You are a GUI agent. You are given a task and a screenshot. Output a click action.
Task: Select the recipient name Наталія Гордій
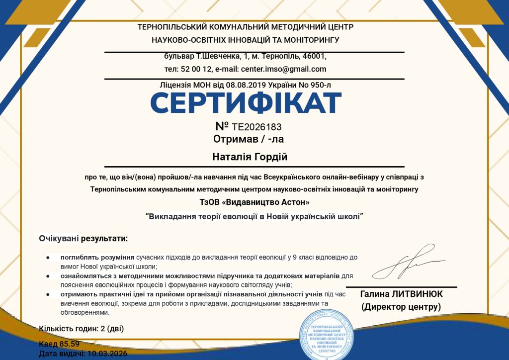pyautogui.click(x=250, y=157)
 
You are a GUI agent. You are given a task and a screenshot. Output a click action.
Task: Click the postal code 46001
pyautogui.click(x=315, y=56)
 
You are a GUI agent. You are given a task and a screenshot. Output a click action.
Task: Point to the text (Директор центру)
pyautogui.click(x=401, y=307)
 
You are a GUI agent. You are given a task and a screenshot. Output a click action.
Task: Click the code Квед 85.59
pyautogui.click(x=59, y=344)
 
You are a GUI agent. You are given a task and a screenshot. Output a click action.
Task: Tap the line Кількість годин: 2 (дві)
pyautogui.click(x=82, y=328)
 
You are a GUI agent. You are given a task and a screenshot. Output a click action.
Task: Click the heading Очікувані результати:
pyautogui.click(x=84, y=239)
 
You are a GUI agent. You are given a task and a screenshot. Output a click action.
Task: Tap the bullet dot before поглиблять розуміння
pyautogui.click(x=48, y=258)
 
